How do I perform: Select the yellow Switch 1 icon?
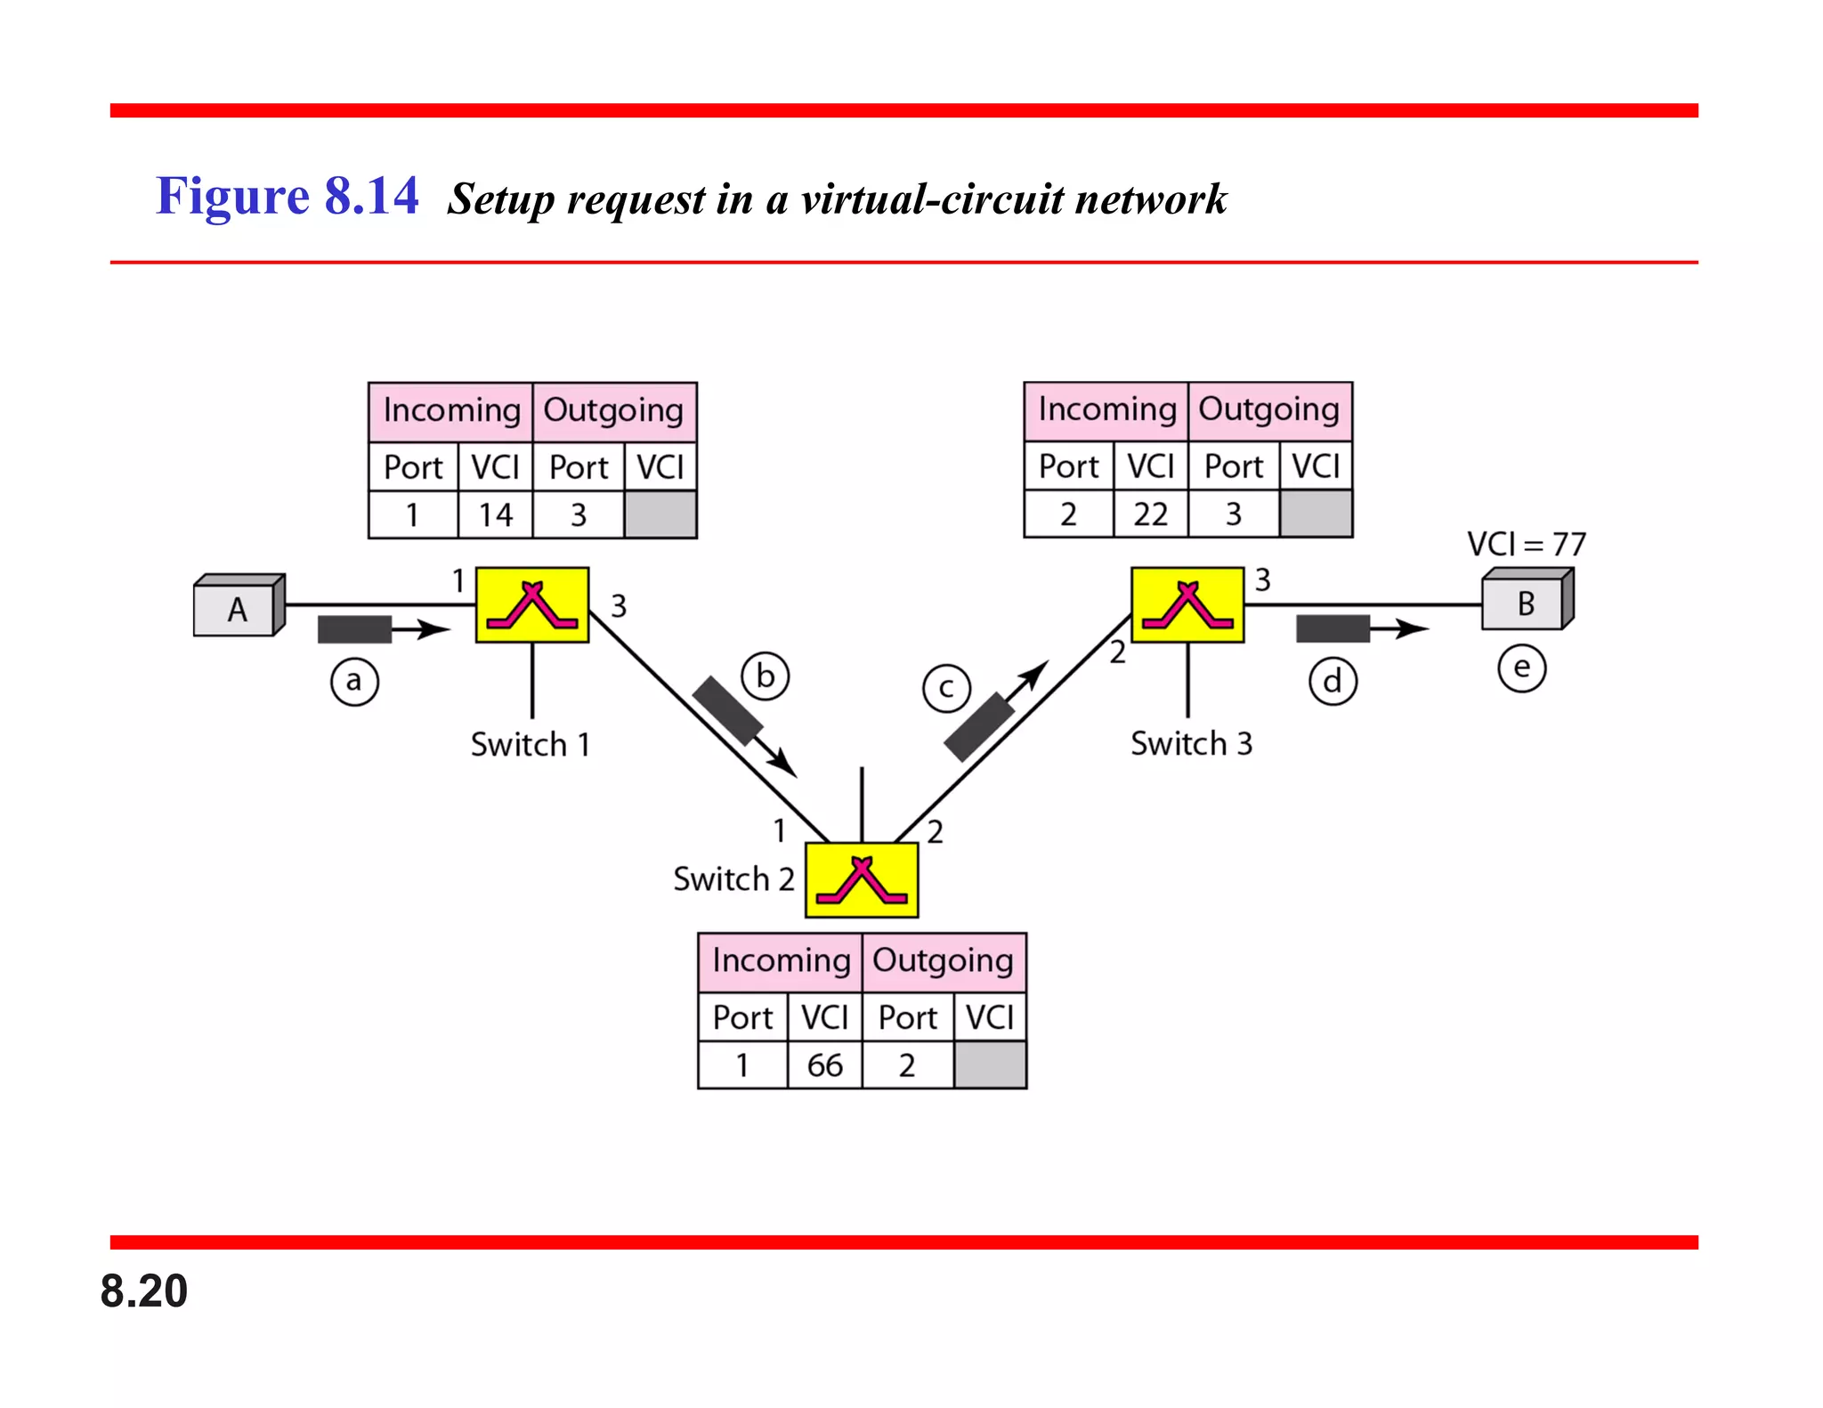pos(532,605)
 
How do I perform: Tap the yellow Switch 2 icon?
pos(862,880)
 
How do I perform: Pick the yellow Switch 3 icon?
pos(1187,605)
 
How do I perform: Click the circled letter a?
pos(354,682)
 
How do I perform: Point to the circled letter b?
pos(766,676)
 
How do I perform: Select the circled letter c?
pos(946,688)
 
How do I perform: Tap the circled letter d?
pos(1333,682)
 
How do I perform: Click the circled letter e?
pos(1521,668)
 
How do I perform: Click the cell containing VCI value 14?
pos(495,514)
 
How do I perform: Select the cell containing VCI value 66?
pos(824,1064)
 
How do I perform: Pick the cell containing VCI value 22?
pos(1150,514)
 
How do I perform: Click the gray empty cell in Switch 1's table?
pos(660,514)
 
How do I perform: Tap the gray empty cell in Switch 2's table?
pos(990,1064)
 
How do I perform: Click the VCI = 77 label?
pos(1526,543)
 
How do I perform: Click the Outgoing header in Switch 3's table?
pos(1269,409)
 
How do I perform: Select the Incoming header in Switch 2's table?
pos(781,960)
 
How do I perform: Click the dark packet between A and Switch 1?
pos(354,629)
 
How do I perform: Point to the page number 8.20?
pos(144,1291)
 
